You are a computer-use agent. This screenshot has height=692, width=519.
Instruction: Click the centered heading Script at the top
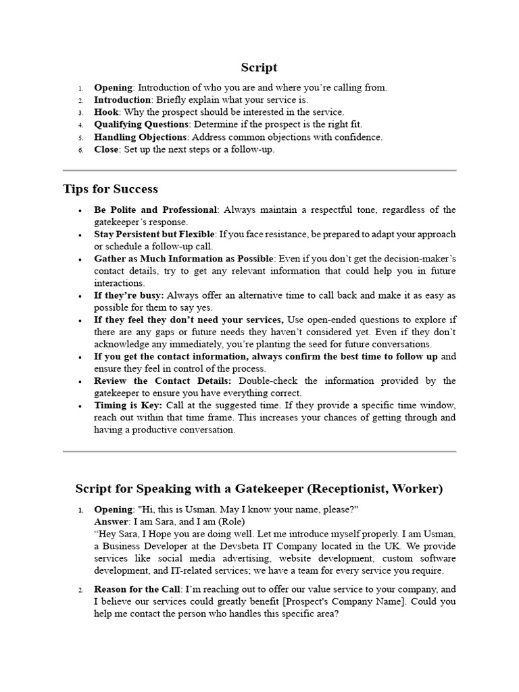click(259, 68)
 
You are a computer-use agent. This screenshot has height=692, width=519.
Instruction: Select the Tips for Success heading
click(110, 189)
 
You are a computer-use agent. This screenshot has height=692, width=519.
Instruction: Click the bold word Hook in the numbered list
click(105, 112)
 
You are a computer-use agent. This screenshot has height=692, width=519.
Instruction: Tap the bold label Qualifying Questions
click(141, 124)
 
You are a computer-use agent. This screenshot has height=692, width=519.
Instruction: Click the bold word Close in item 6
click(106, 149)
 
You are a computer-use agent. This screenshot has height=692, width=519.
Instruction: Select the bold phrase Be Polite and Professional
click(155, 209)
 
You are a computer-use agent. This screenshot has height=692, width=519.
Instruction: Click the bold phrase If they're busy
click(128, 295)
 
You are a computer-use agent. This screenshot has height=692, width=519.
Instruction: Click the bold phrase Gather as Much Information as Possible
click(184, 259)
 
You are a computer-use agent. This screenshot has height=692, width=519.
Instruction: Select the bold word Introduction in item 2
click(122, 100)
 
